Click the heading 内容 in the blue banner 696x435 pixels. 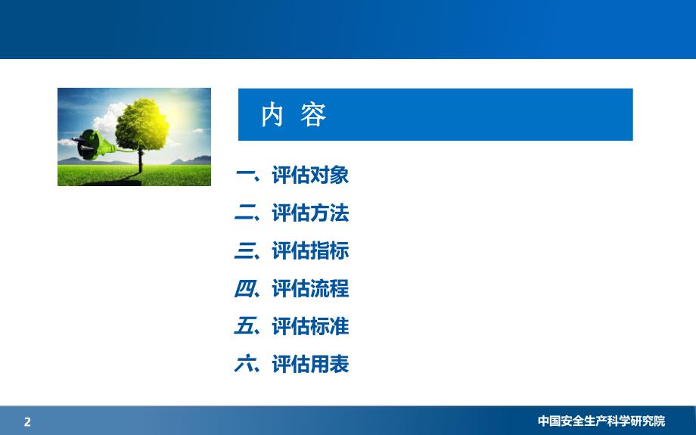[x=294, y=115]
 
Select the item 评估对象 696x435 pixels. [x=310, y=176]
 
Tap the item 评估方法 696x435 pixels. [x=310, y=213]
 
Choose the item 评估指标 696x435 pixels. [x=310, y=251]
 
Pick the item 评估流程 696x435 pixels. [x=310, y=289]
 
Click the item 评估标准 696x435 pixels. [x=310, y=327]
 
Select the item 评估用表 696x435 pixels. [x=310, y=365]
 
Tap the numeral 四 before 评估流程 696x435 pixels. [x=246, y=289]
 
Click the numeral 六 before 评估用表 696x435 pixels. [x=246, y=365]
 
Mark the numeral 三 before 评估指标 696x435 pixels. [x=246, y=251]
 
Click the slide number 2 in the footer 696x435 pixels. [x=28, y=422]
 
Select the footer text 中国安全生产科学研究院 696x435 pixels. [x=601, y=421]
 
